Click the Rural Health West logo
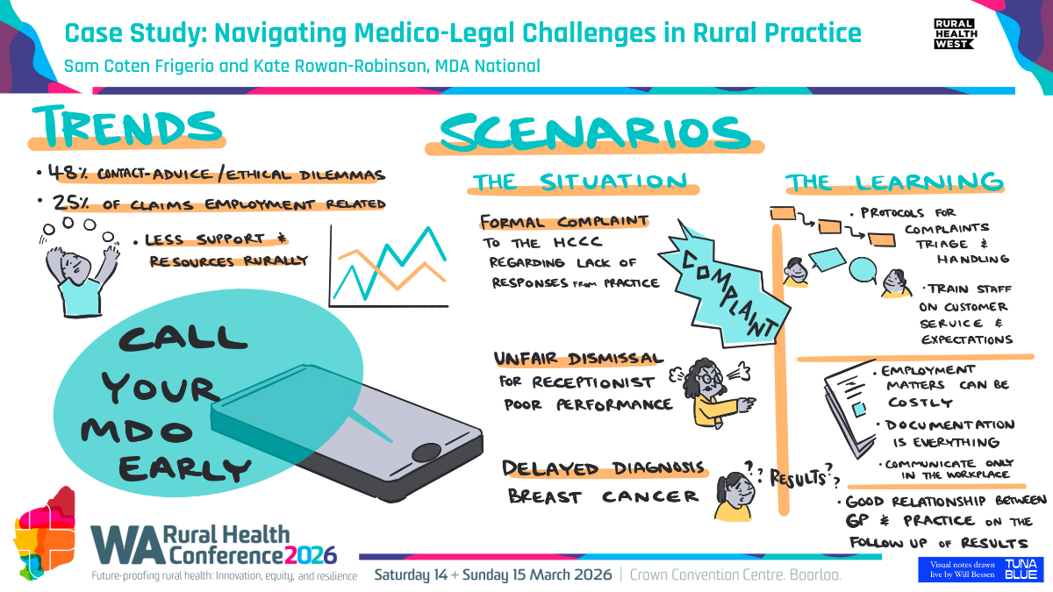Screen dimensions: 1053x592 tap(956, 33)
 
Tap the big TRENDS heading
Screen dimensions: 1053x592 tap(127, 126)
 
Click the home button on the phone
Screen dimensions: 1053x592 tap(426, 452)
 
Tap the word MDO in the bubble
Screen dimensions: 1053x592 tap(137, 431)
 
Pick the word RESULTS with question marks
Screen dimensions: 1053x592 tap(799, 478)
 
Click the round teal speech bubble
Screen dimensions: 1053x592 tap(863, 270)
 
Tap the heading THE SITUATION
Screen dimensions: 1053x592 tap(581, 182)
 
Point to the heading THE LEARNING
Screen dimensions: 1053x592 tap(894, 182)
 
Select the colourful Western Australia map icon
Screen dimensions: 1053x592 tap(45, 533)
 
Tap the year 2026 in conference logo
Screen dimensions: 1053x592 tap(311, 555)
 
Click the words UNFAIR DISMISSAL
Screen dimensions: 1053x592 tap(578, 359)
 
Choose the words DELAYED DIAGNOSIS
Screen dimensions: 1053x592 tap(603, 468)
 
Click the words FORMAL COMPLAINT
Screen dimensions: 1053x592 tap(564, 221)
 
